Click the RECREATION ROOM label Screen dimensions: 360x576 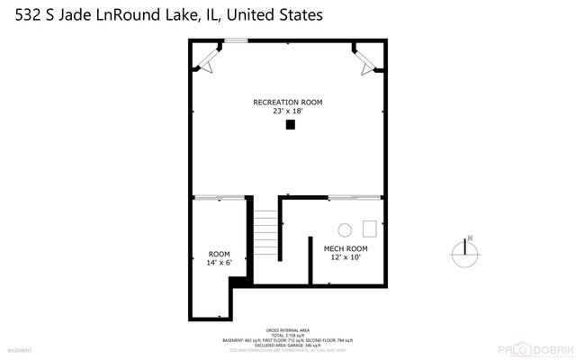pyautogui.click(x=288, y=102)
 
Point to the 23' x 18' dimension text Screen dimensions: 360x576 pyautogui.click(x=288, y=111)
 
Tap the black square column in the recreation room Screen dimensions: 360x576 pyautogui.click(x=290, y=125)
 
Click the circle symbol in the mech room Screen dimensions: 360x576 pyautogui.click(x=344, y=229)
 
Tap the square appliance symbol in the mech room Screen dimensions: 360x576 pyautogui.click(x=369, y=227)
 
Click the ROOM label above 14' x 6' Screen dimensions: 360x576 pyautogui.click(x=220, y=254)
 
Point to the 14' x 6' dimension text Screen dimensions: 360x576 pyautogui.click(x=220, y=263)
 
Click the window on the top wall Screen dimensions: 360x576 pyautogui.click(x=236, y=40)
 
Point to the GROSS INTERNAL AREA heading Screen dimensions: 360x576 pyautogui.click(x=287, y=329)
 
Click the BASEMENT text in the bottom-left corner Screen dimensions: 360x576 pyautogui.click(x=19, y=349)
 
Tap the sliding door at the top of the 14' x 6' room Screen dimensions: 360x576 pyautogui.click(x=220, y=196)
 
